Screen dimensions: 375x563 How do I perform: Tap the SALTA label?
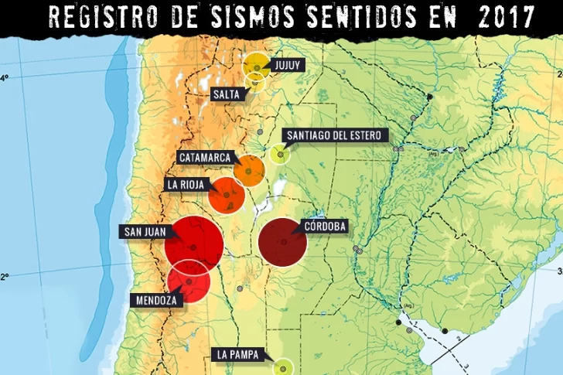point(228,94)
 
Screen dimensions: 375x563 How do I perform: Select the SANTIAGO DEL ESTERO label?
point(333,136)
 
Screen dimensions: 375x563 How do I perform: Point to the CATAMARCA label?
point(205,157)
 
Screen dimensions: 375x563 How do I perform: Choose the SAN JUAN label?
point(143,231)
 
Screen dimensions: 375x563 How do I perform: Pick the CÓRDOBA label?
point(325,226)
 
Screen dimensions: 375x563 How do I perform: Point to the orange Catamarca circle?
point(249,171)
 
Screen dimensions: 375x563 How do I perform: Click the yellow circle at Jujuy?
point(257,66)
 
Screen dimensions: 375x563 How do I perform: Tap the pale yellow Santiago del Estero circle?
point(279,153)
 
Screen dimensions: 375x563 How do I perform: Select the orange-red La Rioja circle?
point(227,194)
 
